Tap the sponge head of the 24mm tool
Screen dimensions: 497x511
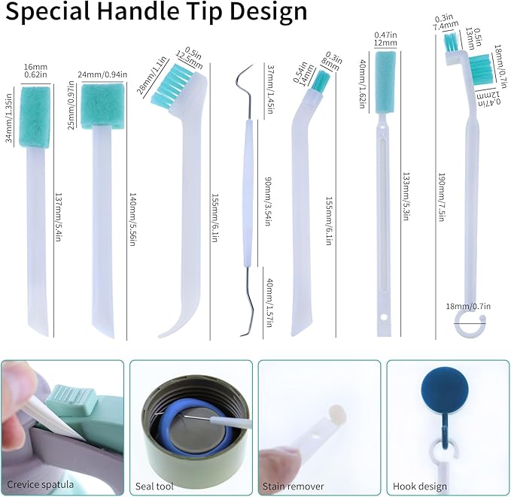pos(100,105)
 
